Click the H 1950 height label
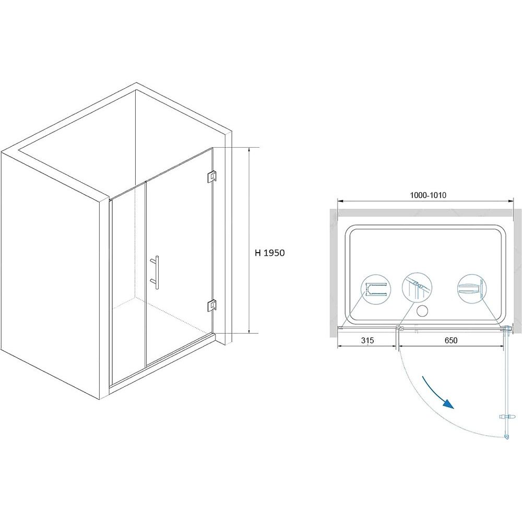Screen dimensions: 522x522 click(270, 253)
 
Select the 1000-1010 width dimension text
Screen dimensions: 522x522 click(428, 195)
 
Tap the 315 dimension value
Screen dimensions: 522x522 click(367, 340)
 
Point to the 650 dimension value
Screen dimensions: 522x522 click(451, 340)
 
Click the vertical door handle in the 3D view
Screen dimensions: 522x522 click(156, 272)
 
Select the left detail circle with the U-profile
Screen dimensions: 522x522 click(376, 289)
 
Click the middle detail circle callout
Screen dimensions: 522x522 click(417, 288)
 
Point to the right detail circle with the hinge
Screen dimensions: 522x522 click(472, 288)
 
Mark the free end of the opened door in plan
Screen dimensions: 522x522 click(506, 437)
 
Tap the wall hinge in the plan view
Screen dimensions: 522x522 click(508, 328)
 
